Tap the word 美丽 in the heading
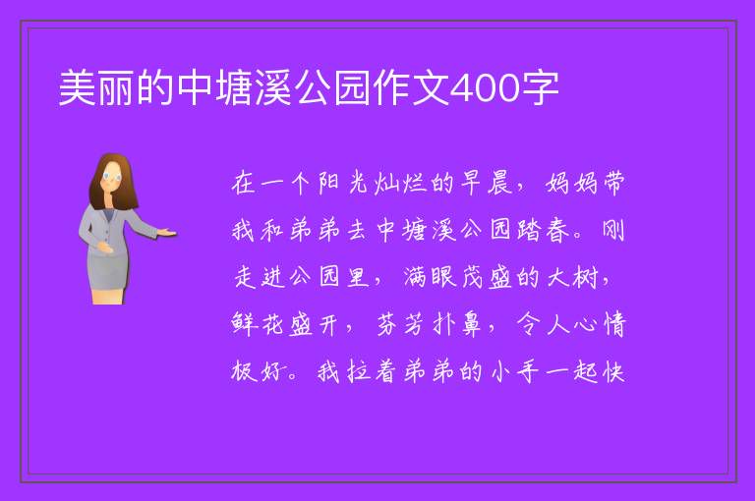(96, 88)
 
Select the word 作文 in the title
(411, 88)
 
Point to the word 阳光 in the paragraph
(342, 183)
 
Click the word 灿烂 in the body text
(400, 183)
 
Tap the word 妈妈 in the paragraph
(571, 183)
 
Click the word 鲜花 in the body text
(258, 324)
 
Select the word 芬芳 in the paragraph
(400, 324)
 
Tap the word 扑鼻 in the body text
(456, 324)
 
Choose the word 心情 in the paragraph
(600, 324)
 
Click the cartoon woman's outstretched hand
(166, 233)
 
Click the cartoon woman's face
(112, 177)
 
